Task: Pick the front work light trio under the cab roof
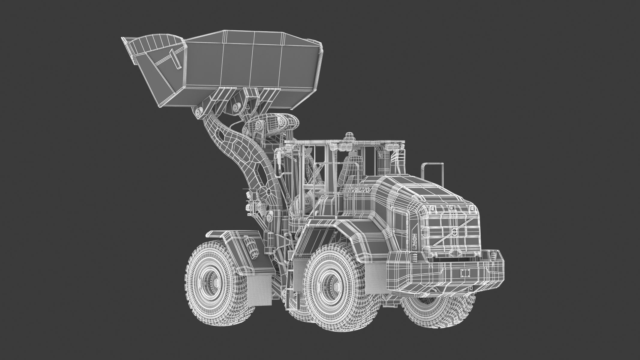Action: pyautogui.click(x=339, y=147)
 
